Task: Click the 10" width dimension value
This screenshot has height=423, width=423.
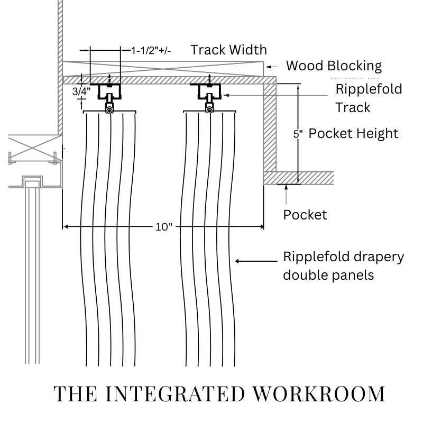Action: (x=164, y=227)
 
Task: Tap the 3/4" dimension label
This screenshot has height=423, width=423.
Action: (x=81, y=91)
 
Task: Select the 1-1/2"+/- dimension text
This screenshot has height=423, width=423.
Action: (x=151, y=50)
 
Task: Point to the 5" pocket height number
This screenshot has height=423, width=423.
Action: (x=298, y=134)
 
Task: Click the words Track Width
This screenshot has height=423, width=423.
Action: (x=229, y=50)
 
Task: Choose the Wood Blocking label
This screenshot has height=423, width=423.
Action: (x=334, y=66)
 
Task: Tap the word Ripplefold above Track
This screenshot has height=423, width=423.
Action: (x=369, y=89)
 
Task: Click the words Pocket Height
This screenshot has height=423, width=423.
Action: (x=353, y=134)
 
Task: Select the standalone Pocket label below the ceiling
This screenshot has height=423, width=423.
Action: (x=305, y=215)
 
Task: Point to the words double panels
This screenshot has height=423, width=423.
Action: (x=328, y=275)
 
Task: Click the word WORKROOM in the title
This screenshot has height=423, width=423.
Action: (x=319, y=394)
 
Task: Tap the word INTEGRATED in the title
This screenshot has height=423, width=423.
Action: (x=175, y=394)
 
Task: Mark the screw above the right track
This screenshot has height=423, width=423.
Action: (x=209, y=80)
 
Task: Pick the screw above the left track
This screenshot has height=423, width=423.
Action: (x=109, y=80)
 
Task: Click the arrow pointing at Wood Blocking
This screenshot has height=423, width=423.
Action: (x=272, y=67)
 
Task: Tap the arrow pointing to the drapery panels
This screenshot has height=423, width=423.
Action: (x=256, y=261)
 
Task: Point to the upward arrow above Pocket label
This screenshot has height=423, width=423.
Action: (x=286, y=195)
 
